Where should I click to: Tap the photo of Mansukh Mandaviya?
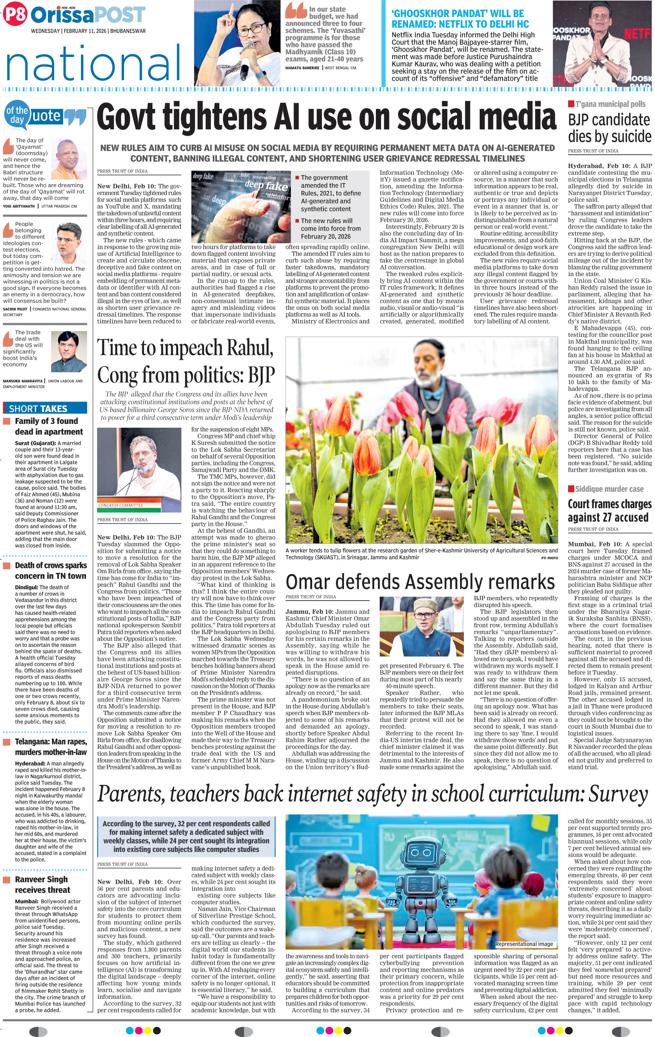point(69,352)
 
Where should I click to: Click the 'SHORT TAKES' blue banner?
point(45,408)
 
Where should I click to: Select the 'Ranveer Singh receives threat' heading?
point(42,885)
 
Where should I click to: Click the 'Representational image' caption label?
point(524,944)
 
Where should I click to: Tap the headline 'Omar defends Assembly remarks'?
point(420,582)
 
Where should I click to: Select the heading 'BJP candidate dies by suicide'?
point(609,128)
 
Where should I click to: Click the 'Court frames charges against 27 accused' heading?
point(609,510)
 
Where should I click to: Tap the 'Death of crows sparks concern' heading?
point(50,571)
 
